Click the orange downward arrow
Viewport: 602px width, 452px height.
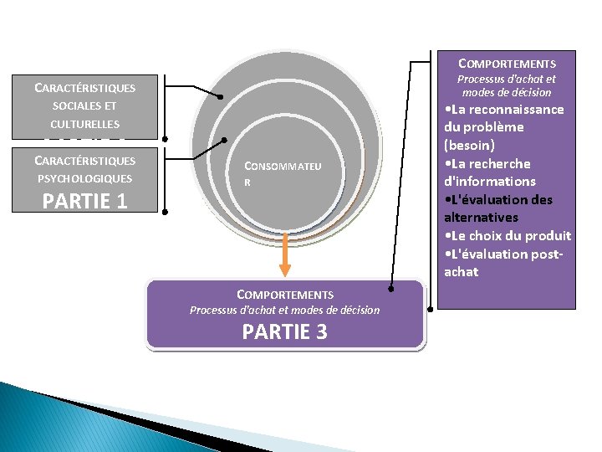[x=285, y=254]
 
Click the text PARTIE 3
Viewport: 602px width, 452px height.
[x=284, y=332]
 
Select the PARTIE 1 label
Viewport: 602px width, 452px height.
[x=84, y=201]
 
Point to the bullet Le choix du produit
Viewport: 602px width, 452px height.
[x=508, y=235]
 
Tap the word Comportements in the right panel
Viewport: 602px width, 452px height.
[x=507, y=64]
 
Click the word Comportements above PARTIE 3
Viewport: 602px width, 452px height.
[x=285, y=295]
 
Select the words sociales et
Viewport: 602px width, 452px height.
[x=84, y=106]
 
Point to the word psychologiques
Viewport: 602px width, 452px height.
[x=84, y=178]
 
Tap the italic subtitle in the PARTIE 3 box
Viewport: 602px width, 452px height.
[x=284, y=311]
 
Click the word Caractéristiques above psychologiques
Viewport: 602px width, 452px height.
[x=84, y=160]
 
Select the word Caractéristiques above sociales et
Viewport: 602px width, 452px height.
[x=84, y=87]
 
